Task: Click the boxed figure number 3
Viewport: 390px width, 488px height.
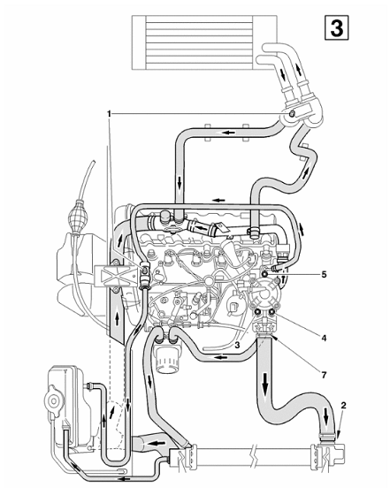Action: [336, 28]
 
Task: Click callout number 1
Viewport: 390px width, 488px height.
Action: [109, 114]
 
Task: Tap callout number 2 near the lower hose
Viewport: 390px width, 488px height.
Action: [344, 405]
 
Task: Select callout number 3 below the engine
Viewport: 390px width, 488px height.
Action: [237, 345]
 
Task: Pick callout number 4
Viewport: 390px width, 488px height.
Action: [324, 338]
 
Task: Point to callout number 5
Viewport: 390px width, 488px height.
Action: [324, 274]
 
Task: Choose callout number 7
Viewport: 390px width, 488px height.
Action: [324, 375]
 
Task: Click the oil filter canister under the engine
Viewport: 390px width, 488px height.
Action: [168, 356]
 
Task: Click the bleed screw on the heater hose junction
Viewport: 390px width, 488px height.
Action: [292, 114]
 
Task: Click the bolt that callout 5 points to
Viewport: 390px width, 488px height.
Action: [265, 274]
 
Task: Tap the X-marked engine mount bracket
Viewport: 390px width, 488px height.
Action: [116, 276]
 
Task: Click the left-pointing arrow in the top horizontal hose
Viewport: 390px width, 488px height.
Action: [228, 133]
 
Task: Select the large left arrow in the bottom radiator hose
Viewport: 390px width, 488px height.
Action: [157, 443]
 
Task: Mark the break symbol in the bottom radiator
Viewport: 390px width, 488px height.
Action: [255, 458]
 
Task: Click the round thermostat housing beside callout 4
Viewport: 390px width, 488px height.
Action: [265, 294]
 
